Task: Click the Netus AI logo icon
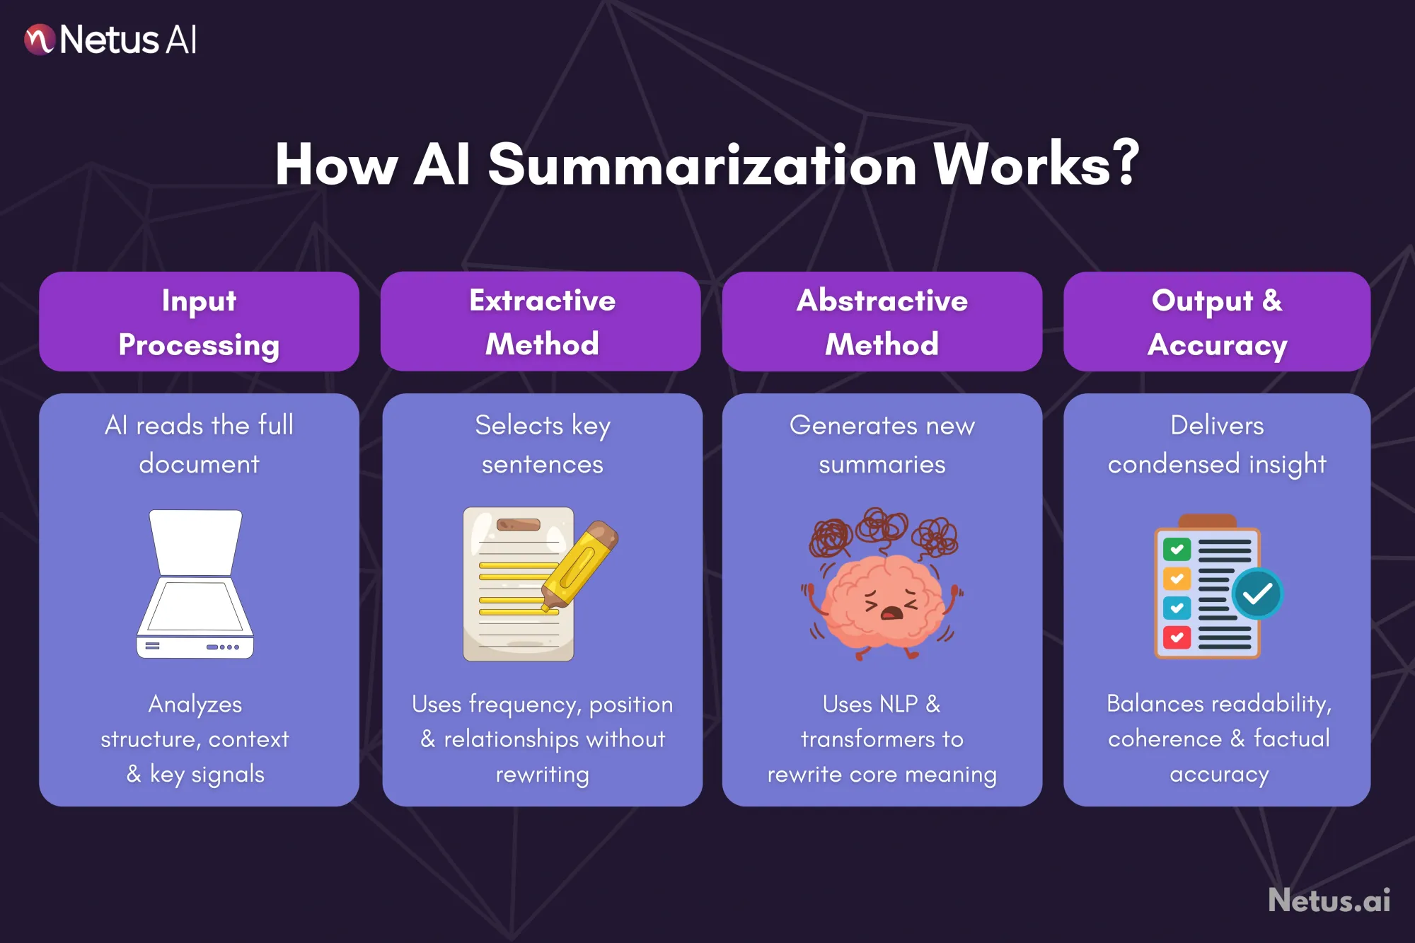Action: click(x=39, y=40)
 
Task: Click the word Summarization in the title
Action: click(x=702, y=165)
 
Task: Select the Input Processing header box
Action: click(x=199, y=322)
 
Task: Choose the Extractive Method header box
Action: click(x=541, y=322)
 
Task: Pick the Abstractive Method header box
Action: click(x=882, y=322)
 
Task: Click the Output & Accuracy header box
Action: click(x=1217, y=322)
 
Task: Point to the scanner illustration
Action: click(x=195, y=584)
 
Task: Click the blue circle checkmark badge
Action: click(x=1257, y=594)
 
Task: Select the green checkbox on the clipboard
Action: click(x=1177, y=550)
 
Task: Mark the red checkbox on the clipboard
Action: click(x=1177, y=637)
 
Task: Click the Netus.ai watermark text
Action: click(x=1329, y=901)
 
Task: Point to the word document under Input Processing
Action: click(x=199, y=464)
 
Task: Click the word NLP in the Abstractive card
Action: click(x=899, y=704)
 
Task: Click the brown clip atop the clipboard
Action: click(x=1207, y=521)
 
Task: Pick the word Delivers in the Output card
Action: click(x=1217, y=425)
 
